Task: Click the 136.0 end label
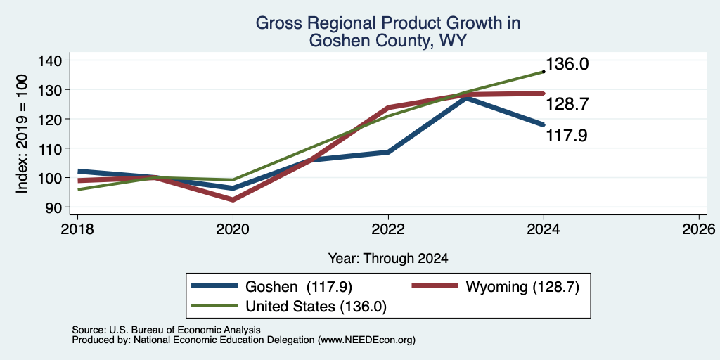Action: click(x=567, y=64)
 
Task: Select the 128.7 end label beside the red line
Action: click(x=567, y=104)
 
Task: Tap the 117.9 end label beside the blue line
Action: click(x=567, y=136)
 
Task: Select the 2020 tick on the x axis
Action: click(x=233, y=229)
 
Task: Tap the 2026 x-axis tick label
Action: click(x=699, y=229)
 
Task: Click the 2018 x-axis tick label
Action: click(x=77, y=229)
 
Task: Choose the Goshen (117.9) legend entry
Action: click(x=272, y=287)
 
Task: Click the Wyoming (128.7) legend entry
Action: click(x=496, y=287)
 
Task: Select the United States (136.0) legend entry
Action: click(x=289, y=307)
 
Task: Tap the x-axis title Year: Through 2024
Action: click(x=388, y=259)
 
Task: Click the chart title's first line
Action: click(x=388, y=22)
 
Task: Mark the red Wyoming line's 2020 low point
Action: click(x=233, y=200)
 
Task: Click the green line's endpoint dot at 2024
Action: click(x=544, y=72)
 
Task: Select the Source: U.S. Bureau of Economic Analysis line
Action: click(x=166, y=330)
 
